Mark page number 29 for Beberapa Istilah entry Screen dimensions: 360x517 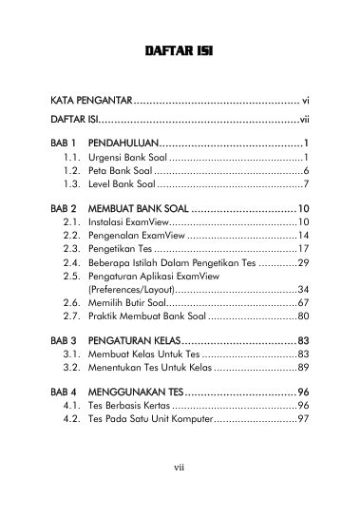pyautogui.click(x=303, y=262)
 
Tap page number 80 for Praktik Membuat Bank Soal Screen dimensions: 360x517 pyautogui.click(x=303, y=316)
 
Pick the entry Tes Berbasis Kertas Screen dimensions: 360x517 pyautogui.click(x=127, y=406)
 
